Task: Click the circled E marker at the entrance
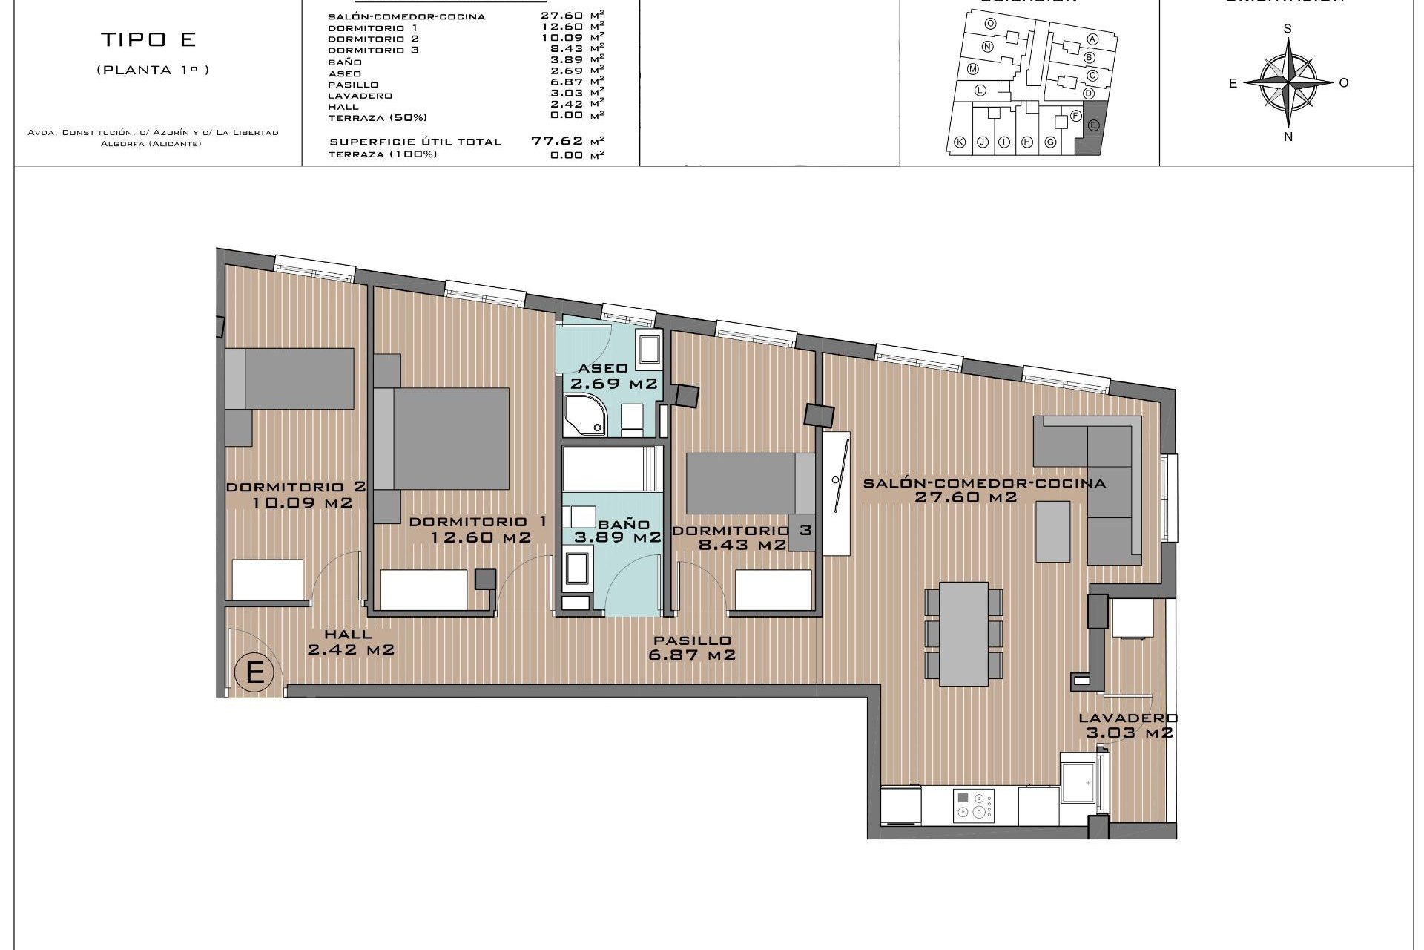254,672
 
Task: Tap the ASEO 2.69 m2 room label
613,376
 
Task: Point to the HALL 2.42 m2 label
350,642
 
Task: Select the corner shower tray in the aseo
585,416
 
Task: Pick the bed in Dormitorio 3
749,483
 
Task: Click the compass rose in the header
1288,82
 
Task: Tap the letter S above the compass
1288,29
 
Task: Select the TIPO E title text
148,39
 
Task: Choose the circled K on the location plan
960,142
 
